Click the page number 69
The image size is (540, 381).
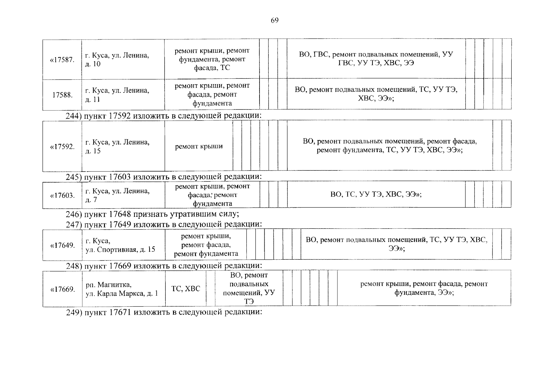point(274,21)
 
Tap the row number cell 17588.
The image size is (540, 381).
point(62,95)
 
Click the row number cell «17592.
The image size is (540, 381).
point(62,147)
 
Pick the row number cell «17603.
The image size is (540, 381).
point(62,195)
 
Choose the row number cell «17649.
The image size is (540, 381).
point(62,245)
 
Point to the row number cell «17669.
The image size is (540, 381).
point(62,289)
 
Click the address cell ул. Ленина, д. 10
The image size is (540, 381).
point(117,60)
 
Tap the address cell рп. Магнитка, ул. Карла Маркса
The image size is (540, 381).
point(122,289)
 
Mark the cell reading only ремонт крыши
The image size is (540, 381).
point(199,146)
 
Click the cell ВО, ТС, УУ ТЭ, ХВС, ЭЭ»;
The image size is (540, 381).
point(376,194)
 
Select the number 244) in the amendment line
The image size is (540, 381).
point(73,116)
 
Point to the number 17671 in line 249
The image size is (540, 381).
point(120,312)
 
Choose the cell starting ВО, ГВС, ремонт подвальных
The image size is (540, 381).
point(376,59)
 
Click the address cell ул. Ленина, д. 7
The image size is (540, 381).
point(117,195)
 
